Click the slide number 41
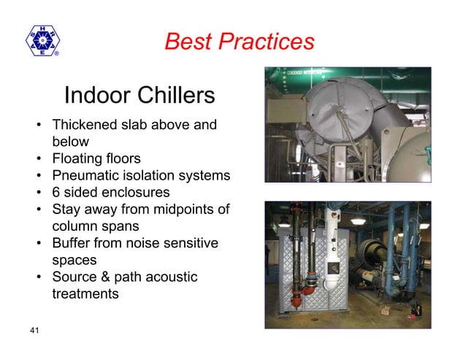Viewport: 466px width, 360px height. point(34,332)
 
